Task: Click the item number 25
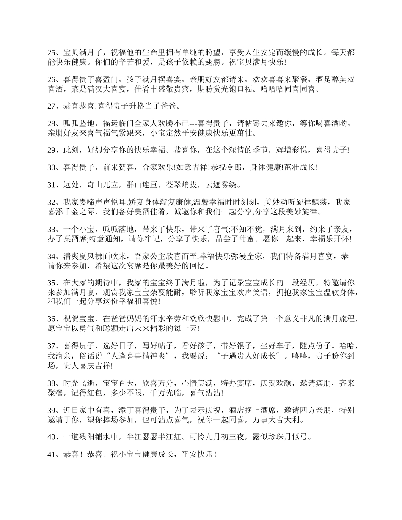tap(52, 53)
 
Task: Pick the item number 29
tap(52, 150)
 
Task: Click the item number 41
tap(52, 454)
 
